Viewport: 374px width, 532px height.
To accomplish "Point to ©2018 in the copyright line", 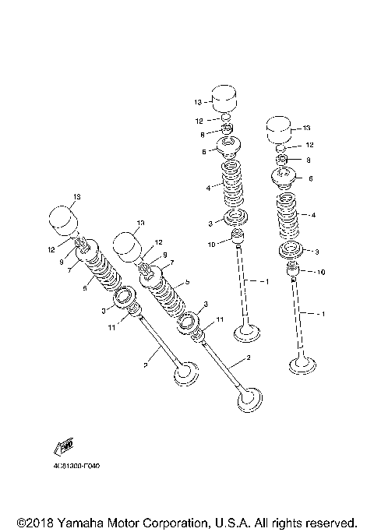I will [33, 521].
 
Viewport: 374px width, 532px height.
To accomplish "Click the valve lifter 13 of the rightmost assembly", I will [280, 129].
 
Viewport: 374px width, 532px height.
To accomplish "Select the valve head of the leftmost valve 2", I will [186, 373].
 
